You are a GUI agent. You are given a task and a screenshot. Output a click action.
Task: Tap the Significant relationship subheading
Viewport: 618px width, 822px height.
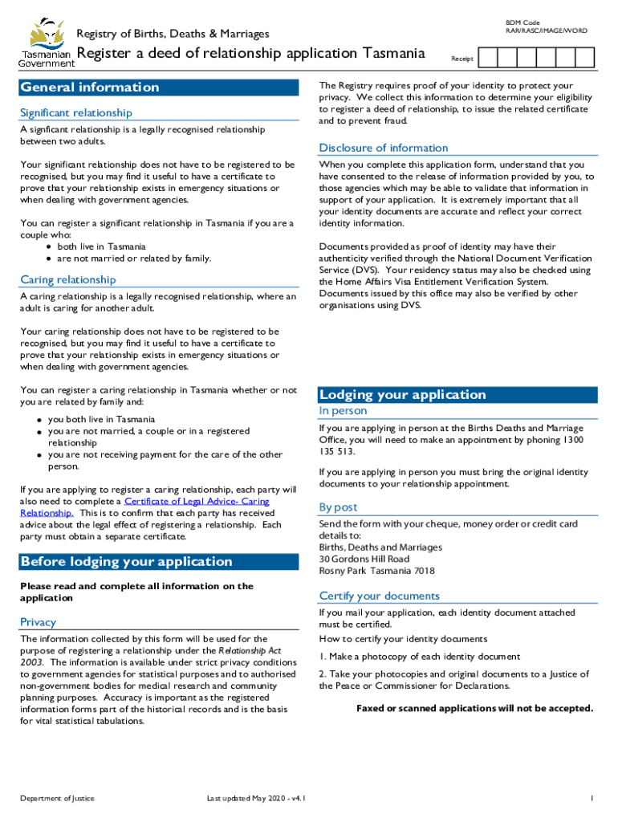tap(76, 113)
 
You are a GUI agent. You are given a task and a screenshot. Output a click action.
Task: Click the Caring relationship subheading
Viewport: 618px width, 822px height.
tap(67, 280)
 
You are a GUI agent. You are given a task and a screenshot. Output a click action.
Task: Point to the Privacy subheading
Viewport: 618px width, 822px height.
tap(38, 622)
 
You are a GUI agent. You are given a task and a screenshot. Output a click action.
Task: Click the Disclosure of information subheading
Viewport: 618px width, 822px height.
tap(383, 148)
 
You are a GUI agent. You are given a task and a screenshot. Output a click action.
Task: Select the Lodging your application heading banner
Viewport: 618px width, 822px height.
tap(457, 395)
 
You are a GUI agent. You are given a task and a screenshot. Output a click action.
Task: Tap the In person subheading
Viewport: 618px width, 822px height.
tap(343, 411)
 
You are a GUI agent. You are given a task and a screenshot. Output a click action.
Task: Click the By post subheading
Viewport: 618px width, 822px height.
tap(338, 507)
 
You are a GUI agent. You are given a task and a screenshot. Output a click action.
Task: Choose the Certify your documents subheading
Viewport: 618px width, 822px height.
tap(379, 596)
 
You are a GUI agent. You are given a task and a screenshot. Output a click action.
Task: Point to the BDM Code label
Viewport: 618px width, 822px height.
tap(522, 22)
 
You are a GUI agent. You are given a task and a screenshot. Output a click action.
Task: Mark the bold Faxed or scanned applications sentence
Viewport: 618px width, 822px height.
tap(474, 708)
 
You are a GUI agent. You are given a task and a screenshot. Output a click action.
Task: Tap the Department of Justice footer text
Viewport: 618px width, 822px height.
tap(57, 799)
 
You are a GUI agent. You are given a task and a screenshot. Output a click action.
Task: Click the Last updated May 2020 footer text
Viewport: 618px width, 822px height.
tap(255, 799)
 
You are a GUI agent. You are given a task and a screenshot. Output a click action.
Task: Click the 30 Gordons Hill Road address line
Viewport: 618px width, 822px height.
tap(364, 559)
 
